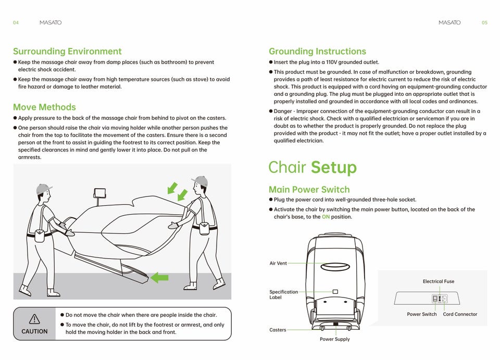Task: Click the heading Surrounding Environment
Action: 67,51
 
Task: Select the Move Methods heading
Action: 44,107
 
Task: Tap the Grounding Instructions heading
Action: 317,51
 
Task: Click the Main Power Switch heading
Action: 309,189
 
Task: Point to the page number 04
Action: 16,23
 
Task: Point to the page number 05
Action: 484,23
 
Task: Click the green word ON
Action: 326,217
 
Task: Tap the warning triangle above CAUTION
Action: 34,318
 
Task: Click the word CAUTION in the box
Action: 34,331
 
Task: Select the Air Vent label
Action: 278,264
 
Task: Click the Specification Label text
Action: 283,294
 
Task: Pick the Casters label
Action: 278,330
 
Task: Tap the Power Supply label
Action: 335,339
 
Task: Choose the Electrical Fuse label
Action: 439,281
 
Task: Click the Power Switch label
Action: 422,314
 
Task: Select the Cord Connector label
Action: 460,314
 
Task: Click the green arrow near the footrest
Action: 159,278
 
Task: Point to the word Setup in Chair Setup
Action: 334,168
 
